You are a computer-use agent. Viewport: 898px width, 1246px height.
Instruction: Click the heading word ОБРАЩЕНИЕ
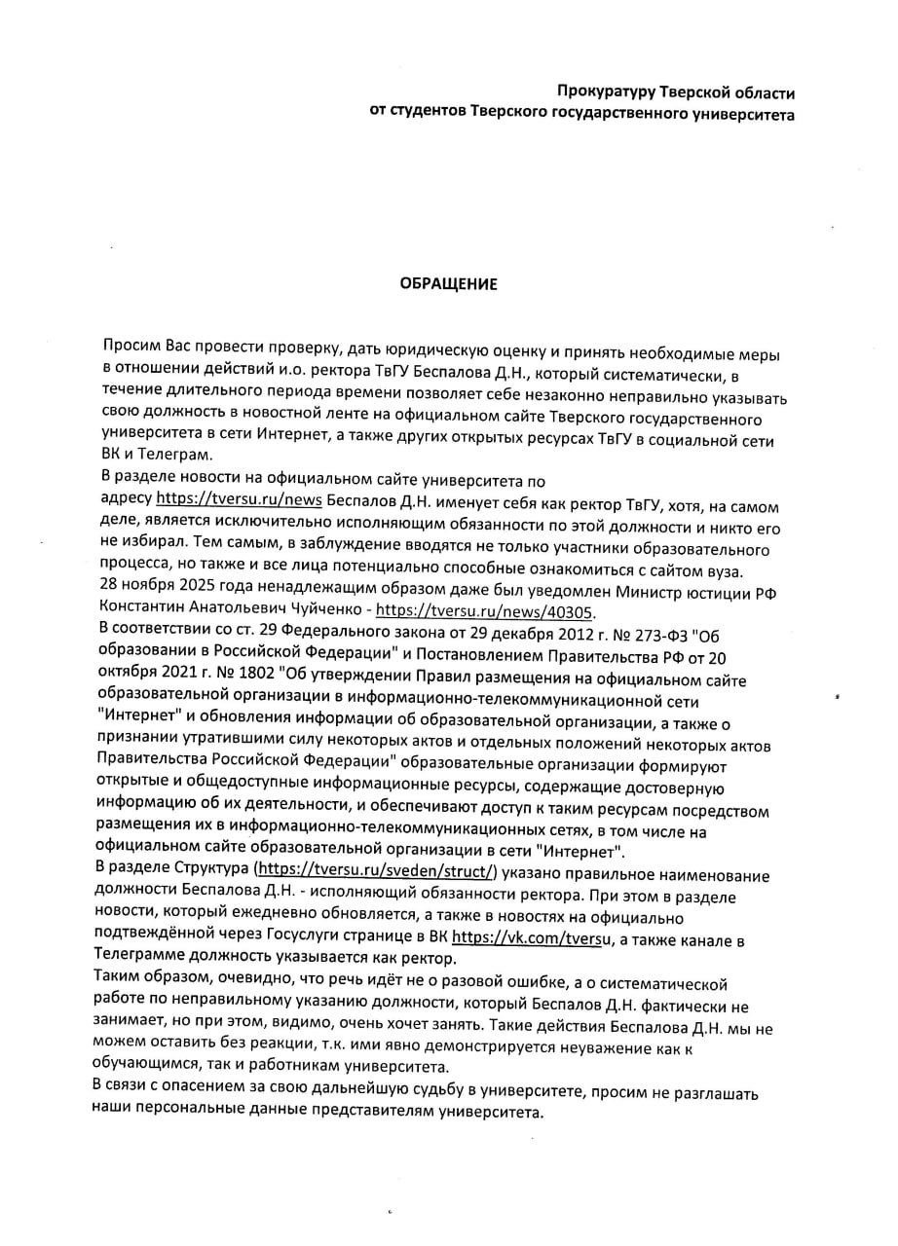tap(449, 284)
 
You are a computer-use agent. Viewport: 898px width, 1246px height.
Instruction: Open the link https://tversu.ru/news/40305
tap(484, 612)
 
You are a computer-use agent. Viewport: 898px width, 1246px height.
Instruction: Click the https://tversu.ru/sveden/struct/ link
tap(376, 870)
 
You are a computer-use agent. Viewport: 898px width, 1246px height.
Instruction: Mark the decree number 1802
tap(223, 672)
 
